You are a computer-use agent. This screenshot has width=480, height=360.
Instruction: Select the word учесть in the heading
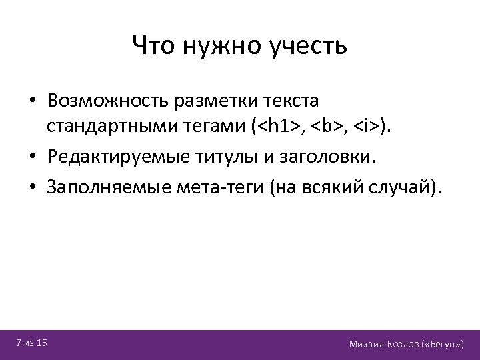point(307,46)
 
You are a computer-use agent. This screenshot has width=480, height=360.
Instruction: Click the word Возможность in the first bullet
point(108,101)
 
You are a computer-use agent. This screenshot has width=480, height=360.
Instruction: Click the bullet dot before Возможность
point(33,102)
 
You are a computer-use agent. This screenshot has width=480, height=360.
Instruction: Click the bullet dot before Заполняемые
point(33,189)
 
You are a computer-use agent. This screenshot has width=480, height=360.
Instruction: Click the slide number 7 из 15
point(32,343)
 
